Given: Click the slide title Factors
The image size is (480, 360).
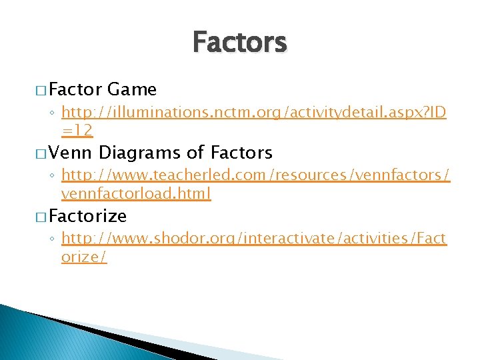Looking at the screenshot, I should click(x=239, y=43).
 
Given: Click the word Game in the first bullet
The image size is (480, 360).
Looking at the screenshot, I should click(x=131, y=89).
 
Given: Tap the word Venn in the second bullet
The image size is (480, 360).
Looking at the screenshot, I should click(x=71, y=153).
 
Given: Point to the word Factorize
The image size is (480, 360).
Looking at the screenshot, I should click(x=87, y=216).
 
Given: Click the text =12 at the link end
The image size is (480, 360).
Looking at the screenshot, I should click(x=77, y=131).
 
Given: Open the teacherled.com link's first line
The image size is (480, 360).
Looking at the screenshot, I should click(x=255, y=177).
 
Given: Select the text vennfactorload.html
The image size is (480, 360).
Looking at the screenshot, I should click(x=136, y=194).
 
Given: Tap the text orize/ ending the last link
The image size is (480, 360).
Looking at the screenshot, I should click(x=84, y=257).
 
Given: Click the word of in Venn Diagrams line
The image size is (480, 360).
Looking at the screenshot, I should click(x=195, y=153).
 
